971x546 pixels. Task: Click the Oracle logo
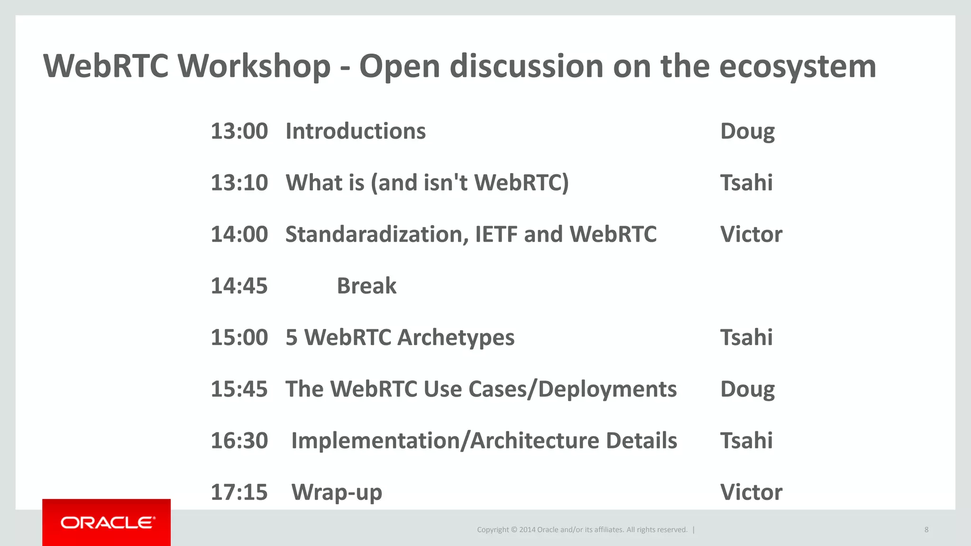click(x=107, y=522)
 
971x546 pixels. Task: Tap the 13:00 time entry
click(x=239, y=131)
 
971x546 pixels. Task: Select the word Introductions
click(x=356, y=131)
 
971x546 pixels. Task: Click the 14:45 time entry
click(x=239, y=286)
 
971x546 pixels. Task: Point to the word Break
click(x=366, y=286)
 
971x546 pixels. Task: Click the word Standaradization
click(x=374, y=235)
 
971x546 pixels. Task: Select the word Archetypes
click(x=456, y=338)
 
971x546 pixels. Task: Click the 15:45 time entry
click(x=239, y=389)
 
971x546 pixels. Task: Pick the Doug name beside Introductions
click(x=747, y=132)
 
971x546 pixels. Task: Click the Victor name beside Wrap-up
click(x=751, y=492)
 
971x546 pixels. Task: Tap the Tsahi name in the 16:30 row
click(x=746, y=441)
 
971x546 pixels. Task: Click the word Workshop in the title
click(x=254, y=66)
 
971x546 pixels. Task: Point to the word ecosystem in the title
click(x=797, y=66)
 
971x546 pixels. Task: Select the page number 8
click(x=926, y=529)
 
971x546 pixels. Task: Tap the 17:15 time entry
click(x=239, y=492)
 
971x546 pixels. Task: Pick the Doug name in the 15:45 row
click(x=747, y=390)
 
